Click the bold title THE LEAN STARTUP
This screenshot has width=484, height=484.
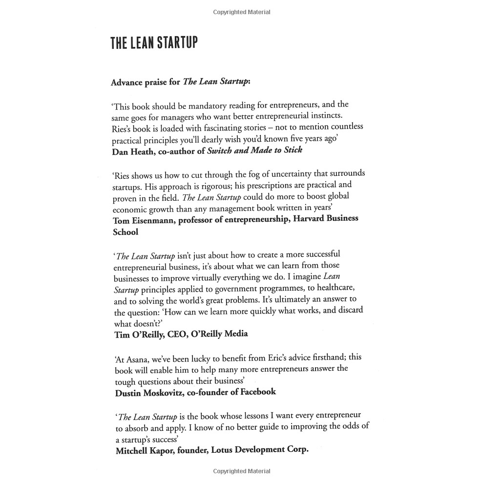[x=154, y=43]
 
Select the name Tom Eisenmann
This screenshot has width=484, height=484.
[x=143, y=220]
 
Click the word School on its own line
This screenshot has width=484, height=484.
[x=126, y=232]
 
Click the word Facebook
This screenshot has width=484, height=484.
[x=253, y=391]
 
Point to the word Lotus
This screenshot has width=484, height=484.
[x=222, y=450]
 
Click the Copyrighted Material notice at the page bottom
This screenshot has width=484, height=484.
[x=242, y=471]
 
